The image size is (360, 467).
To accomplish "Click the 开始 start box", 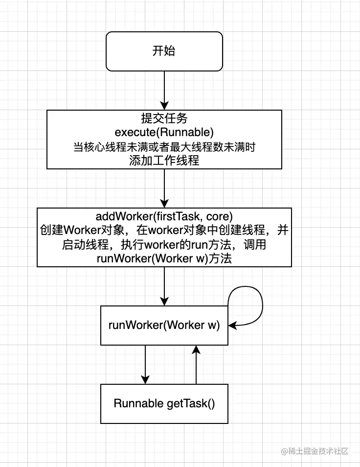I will coord(164,51).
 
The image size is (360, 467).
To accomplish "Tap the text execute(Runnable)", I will coord(164,132).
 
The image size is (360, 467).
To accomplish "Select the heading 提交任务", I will coord(164,118).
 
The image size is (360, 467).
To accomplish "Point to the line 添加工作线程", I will coord(164,160).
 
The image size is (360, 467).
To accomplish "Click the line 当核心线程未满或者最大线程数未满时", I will coord(164,146).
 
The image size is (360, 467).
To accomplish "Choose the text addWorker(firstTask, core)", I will coord(164,216).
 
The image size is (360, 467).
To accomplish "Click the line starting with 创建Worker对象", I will coord(164,230).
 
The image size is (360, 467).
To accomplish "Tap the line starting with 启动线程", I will coord(164,244).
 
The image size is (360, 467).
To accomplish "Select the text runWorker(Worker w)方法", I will coord(164,258).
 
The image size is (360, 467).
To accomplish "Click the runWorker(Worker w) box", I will coord(164,326).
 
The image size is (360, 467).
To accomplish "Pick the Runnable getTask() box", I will coord(164,403).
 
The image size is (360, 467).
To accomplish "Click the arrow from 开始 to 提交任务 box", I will coord(164,90).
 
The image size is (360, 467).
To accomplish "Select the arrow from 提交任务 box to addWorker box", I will coord(164,188).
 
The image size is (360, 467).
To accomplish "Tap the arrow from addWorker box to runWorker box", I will coord(164,286).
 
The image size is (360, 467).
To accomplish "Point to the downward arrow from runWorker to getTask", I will coord(145,364).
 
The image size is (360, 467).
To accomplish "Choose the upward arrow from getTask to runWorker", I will coord(196,364).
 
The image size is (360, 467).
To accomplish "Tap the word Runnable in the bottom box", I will coord(138,403).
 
